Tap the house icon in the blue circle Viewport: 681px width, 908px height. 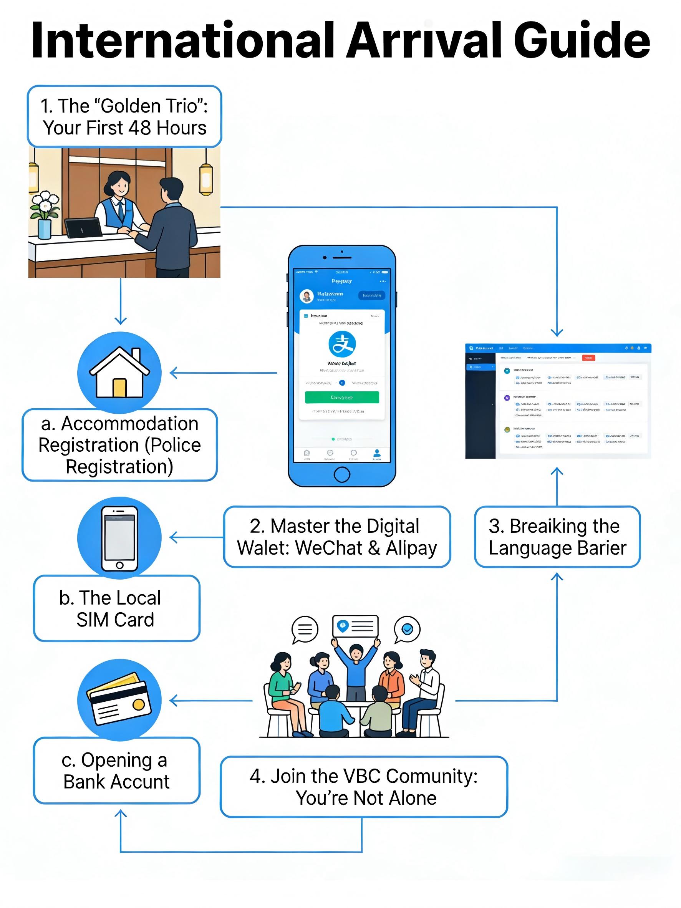119,373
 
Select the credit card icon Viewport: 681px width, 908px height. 119,699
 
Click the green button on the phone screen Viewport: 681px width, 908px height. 341,398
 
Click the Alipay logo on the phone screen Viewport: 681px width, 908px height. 342,344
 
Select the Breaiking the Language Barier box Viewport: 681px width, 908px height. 557,537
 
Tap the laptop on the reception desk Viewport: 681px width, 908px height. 84,228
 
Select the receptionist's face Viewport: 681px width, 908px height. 119,186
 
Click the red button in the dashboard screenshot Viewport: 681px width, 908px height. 588,358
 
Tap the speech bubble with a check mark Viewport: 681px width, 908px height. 407,629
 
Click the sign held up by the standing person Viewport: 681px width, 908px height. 355,626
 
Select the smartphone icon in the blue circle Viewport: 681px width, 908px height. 119,538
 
